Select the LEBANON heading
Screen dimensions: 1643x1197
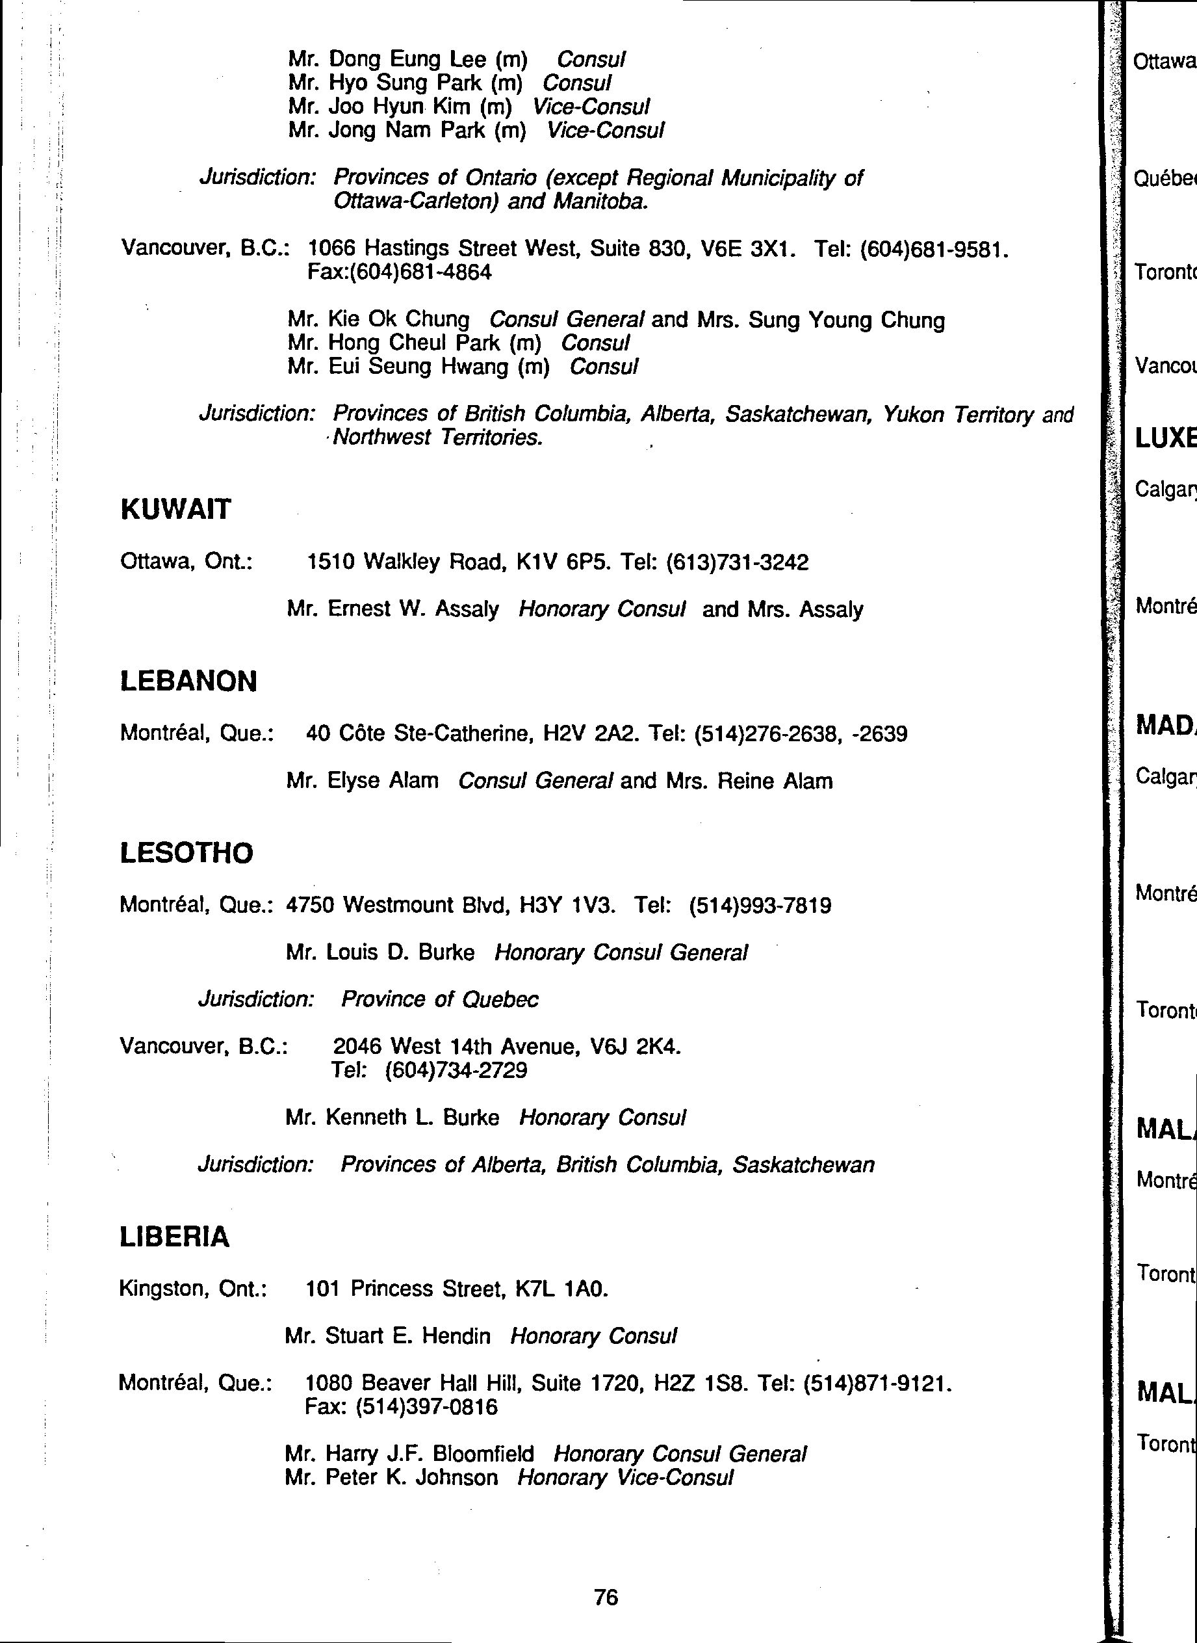[x=188, y=681]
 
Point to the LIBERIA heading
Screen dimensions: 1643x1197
[x=174, y=1237]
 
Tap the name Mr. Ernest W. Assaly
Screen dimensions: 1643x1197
[x=392, y=609]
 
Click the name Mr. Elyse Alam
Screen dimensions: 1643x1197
[x=363, y=781]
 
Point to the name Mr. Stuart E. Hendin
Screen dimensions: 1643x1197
[x=388, y=1335]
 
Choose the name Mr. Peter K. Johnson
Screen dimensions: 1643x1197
[x=391, y=1478]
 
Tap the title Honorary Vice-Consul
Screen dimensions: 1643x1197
[x=625, y=1478]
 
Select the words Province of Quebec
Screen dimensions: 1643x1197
[x=440, y=999]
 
